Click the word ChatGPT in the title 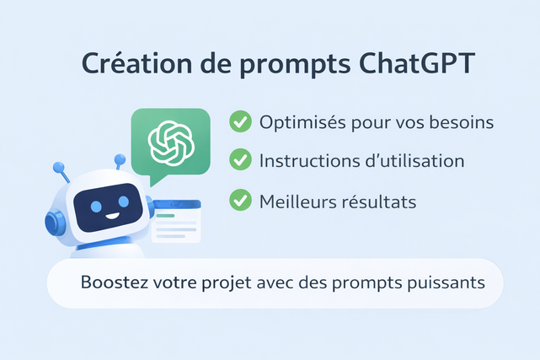pos(417,63)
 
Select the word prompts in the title pos(295,66)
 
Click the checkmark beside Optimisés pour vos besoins pos(240,121)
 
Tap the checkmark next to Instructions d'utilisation pos(240,159)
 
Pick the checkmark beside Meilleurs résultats pos(240,200)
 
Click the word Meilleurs pos(298,201)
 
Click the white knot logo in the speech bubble pos(171,143)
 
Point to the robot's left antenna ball pos(58,168)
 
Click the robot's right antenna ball pos(120,159)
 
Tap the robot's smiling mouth pos(112,217)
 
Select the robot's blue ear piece pos(55,222)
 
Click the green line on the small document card pos(165,216)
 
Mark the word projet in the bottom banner pos(227,284)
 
